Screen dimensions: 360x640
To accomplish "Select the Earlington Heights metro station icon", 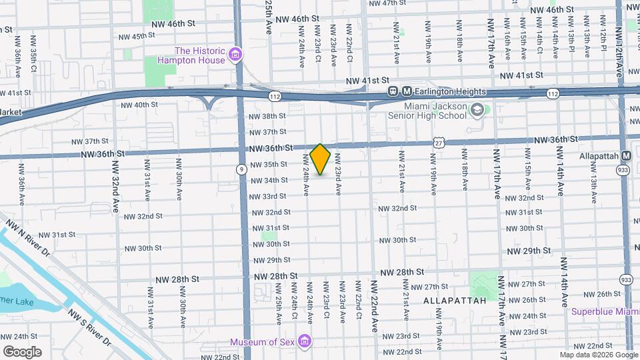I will pos(394,92).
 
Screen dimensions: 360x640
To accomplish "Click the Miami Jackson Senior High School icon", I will pos(477,109).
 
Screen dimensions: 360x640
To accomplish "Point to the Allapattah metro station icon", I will pos(626,155).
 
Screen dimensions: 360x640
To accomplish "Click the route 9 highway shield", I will pos(240,170).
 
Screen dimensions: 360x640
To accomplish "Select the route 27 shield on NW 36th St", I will pos(437,142).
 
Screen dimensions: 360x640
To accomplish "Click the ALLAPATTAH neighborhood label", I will pos(452,301).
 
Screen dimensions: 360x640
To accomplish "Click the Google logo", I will pos(22,351).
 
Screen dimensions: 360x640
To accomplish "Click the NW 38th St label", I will pos(267,116).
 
